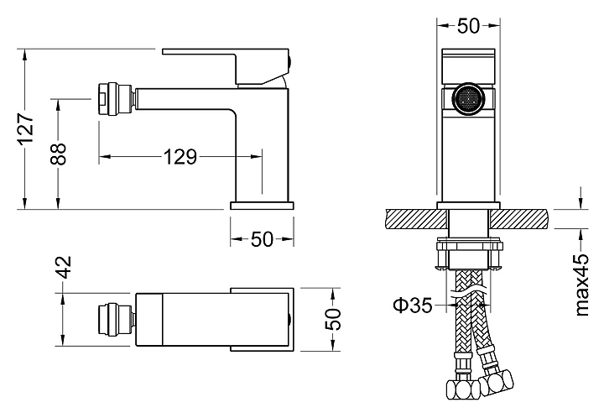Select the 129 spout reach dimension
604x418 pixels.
tap(180, 157)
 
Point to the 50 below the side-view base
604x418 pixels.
tap(263, 239)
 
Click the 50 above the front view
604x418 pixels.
tap(468, 26)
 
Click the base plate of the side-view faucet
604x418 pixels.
tap(263, 204)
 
